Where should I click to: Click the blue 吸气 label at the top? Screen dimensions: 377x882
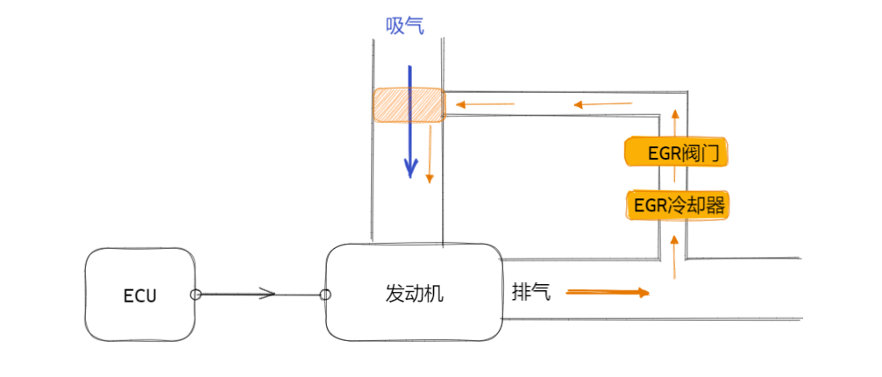click(x=405, y=26)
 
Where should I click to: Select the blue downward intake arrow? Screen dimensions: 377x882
click(x=409, y=123)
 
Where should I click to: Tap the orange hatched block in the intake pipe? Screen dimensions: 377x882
click(x=409, y=104)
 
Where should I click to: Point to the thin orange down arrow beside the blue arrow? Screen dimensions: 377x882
click(x=430, y=153)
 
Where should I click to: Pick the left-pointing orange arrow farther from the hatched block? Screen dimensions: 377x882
click(x=603, y=105)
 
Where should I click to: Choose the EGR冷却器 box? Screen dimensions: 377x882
click(x=678, y=205)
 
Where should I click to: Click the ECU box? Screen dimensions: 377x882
click(x=140, y=295)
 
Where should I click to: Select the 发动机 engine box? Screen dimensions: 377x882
click(x=414, y=293)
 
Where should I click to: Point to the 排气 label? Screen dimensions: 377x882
click(x=531, y=292)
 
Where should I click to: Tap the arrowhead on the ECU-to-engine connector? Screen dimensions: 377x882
click(x=269, y=295)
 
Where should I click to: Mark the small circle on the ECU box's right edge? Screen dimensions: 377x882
click(x=196, y=295)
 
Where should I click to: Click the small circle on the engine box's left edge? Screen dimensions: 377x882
click(x=325, y=295)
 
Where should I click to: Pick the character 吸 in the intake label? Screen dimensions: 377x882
click(x=395, y=26)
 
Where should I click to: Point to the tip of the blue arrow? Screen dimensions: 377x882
click(x=409, y=175)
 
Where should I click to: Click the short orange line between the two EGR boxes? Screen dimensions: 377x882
click(x=674, y=179)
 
